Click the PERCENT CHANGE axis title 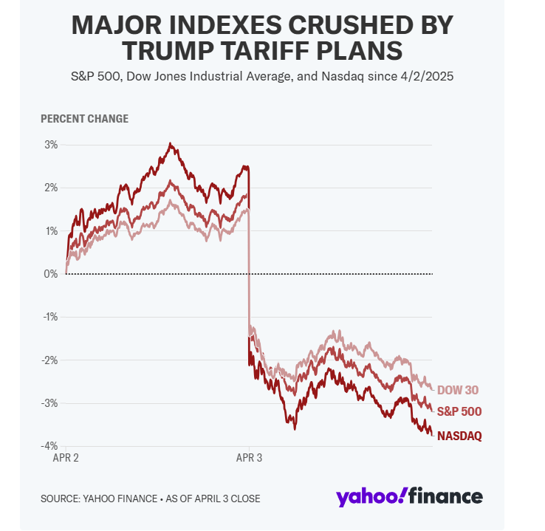(84, 118)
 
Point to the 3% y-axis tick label (50, 145)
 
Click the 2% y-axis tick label (50, 188)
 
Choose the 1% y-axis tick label (50, 230)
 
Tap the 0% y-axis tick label (50, 274)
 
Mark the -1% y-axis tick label (49, 317)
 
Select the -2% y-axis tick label (49, 360)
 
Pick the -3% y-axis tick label (49, 403)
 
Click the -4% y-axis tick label (49, 446)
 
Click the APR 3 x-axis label (249, 458)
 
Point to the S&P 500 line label (459, 411)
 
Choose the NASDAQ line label (459, 436)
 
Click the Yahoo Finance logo (409, 497)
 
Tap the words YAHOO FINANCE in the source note (120, 499)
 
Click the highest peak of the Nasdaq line (171, 144)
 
